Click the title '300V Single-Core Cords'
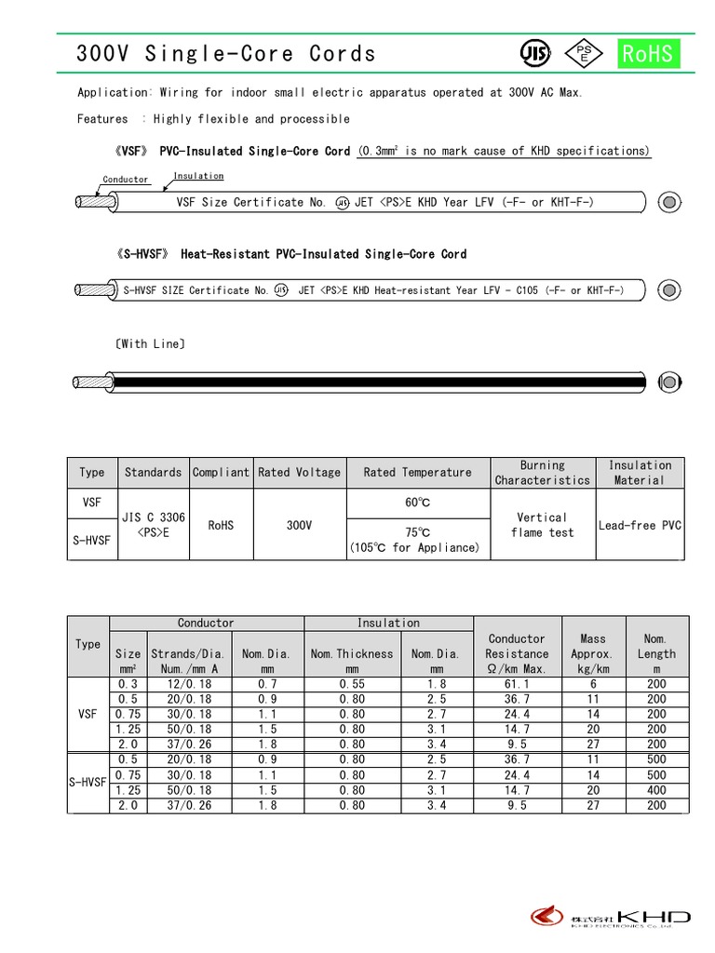(x=226, y=54)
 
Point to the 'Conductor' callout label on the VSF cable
(x=126, y=180)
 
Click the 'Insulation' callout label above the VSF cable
(x=198, y=176)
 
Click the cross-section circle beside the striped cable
(x=668, y=381)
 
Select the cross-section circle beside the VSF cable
(x=668, y=202)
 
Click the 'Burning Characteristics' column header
(x=542, y=473)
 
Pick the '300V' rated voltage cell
(x=299, y=525)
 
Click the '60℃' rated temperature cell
(x=418, y=503)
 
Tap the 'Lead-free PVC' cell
(x=640, y=525)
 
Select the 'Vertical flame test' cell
(x=542, y=525)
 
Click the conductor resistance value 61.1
(x=517, y=684)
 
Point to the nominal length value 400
(x=656, y=790)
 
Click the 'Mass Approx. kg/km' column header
(x=593, y=653)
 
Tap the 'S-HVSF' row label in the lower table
(x=88, y=783)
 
